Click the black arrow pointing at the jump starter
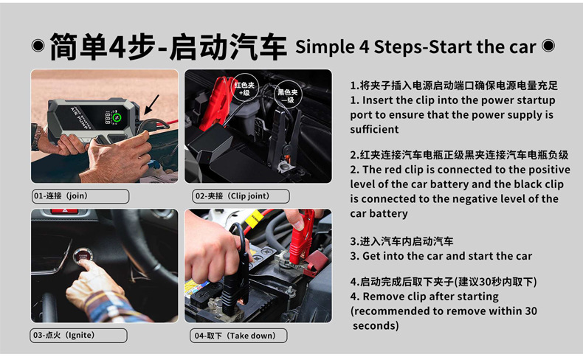coord(151,105)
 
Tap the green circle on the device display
coord(117,117)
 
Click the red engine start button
coord(83,255)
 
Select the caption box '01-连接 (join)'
coord(80,196)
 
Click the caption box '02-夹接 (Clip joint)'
coord(241,196)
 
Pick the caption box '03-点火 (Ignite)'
coord(78,336)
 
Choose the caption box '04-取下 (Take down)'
coord(238,336)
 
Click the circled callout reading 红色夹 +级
coord(244,89)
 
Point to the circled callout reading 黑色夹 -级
coord(288,95)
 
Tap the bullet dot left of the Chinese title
coord(38,46)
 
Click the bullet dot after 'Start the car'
coord(548,46)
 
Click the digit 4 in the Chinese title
coord(117,46)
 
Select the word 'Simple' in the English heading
coord(325,47)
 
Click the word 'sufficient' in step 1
coord(374,129)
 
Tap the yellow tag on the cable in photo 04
coord(254,220)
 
